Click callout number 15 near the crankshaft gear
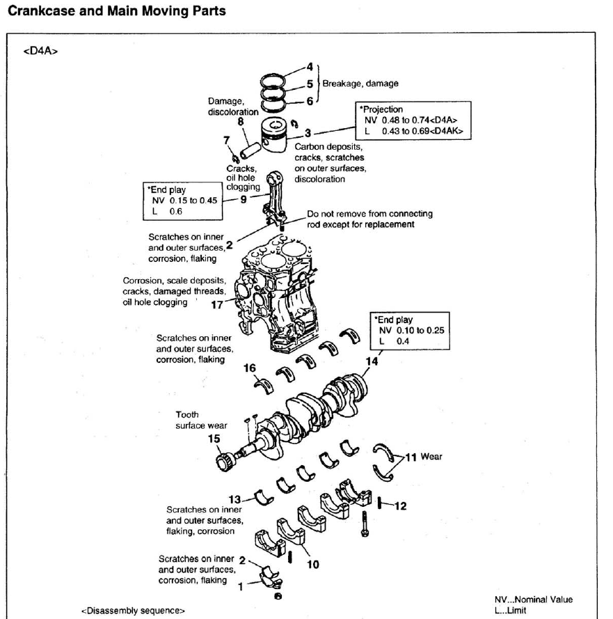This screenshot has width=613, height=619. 215,439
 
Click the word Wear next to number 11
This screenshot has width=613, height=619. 432,458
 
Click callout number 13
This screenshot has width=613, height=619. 237,499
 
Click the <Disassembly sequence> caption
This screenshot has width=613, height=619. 133,611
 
